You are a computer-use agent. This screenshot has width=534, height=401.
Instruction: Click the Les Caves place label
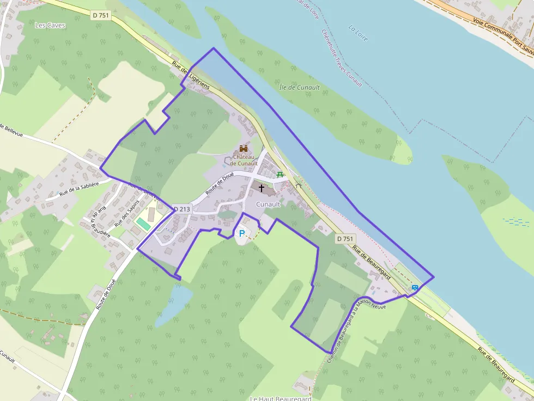point(50,25)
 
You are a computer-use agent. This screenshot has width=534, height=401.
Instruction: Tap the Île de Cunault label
point(299,87)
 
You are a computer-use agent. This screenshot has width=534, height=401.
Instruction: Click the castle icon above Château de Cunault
point(243,149)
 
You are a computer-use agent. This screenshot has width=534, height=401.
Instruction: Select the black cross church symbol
point(262,188)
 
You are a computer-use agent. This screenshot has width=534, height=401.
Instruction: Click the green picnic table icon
point(280,174)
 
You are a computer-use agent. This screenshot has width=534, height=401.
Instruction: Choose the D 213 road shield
point(182,209)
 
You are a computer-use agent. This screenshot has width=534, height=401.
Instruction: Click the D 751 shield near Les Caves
point(101,16)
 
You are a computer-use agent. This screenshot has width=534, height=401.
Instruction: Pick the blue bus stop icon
point(415,287)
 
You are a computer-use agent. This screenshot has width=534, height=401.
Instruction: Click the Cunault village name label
point(268,204)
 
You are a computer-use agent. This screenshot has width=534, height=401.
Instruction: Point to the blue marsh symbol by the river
point(516,221)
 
